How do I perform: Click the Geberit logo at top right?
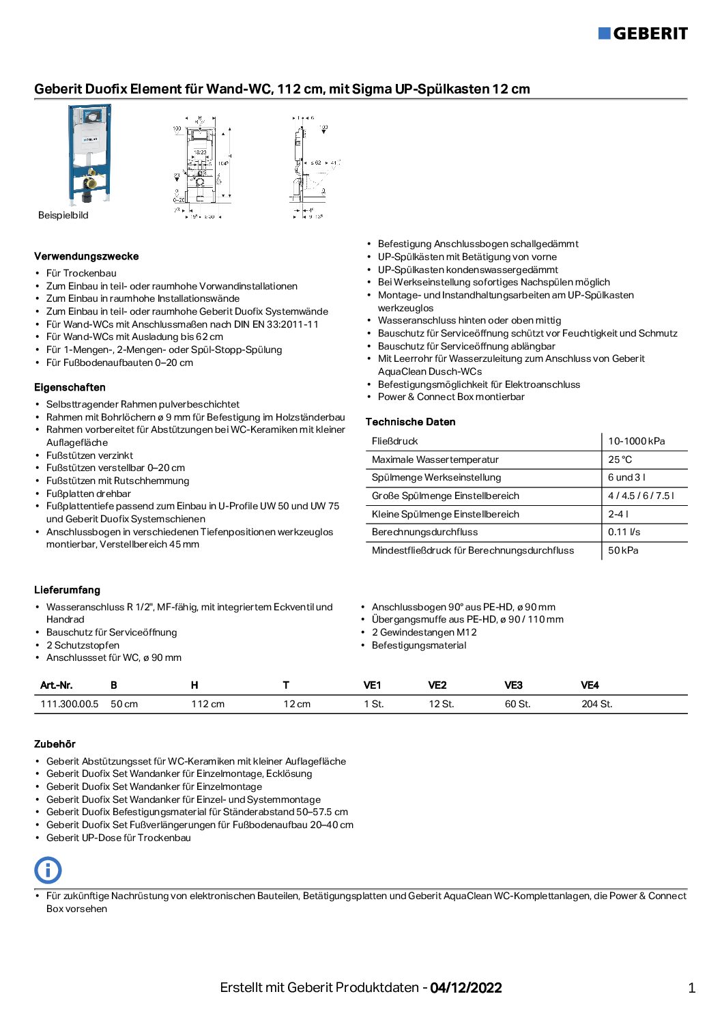point(643,33)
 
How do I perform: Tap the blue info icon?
point(48,870)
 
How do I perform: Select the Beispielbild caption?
point(63,215)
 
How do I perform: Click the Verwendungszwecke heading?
point(86,257)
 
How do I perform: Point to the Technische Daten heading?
point(410,422)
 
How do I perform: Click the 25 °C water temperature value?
point(620,459)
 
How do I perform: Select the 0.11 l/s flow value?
point(624,532)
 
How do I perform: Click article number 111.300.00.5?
point(69,704)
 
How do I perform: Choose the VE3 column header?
point(513,685)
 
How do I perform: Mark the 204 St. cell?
point(596,704)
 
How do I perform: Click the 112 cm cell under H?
point(207,704)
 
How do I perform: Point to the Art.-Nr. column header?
point(56,685)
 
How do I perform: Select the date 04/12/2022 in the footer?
point(465,987)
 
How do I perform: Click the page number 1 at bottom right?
point(691,987)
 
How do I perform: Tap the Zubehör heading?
point(55,744)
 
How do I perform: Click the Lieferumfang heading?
point(67,590)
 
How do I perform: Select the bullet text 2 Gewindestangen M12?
point(424,632)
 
